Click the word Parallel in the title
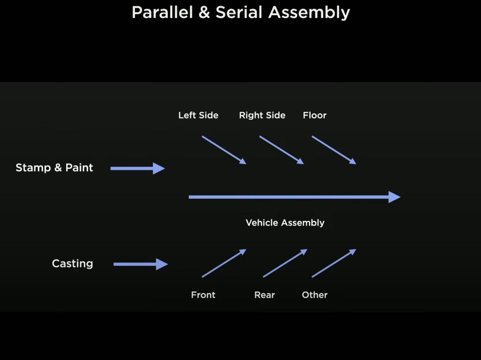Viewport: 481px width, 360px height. [162, 12]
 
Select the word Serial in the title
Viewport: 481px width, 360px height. [239, 12]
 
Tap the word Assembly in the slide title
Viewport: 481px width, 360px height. [309, 13]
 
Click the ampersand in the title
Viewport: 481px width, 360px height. [204, 12]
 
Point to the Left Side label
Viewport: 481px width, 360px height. [198, 115]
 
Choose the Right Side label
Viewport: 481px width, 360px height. [262, 115]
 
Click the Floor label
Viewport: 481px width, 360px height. [315, 115]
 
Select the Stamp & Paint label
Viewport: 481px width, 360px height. [54, 168]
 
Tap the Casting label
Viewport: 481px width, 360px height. [73, 264]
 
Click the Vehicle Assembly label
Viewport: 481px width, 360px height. [285, 223]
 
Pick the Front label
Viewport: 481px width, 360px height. [203, 295]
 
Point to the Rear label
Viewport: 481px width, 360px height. [265, 295]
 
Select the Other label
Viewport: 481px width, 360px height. [315, 295]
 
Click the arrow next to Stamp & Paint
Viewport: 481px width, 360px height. [138, 168]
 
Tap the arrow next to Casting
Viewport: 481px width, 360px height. [141, 264]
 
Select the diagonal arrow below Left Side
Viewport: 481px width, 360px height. [224, 150]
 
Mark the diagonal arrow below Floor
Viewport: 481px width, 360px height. [334, 150]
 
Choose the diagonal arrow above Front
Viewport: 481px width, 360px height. [224, 263]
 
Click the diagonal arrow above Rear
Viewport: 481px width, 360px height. [285, 263]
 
